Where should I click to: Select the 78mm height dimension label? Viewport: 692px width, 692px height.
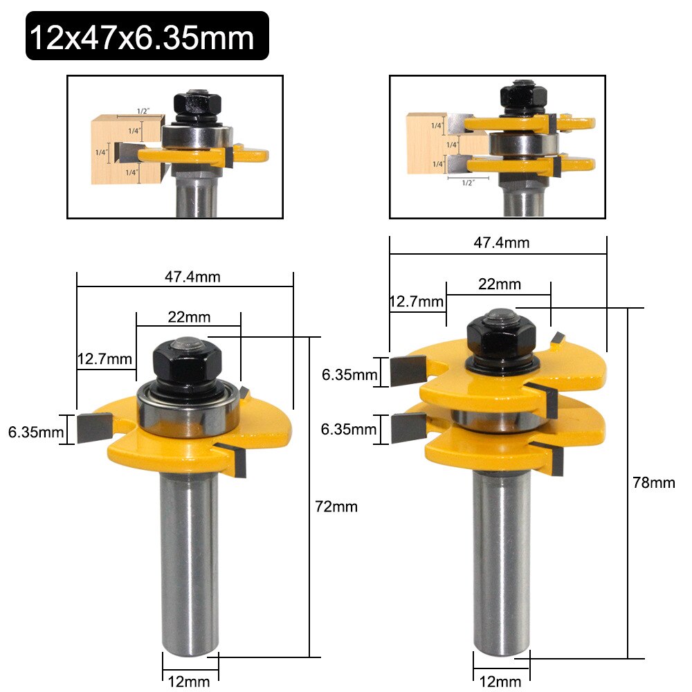click(654, 482)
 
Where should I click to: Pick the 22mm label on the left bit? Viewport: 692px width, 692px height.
click(189, 317)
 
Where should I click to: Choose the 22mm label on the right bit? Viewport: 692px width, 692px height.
click(499, 284)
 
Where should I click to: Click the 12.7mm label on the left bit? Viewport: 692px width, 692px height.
click(104, 359)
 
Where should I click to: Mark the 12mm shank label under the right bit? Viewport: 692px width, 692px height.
click(502, 681)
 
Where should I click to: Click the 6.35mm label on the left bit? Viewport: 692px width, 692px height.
click(33, 432)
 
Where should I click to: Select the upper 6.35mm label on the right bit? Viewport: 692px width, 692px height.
click(349, 375)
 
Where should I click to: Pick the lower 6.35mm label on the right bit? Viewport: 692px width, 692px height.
click(349, 429)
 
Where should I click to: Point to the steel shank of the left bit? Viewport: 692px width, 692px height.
click(190, 554)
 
